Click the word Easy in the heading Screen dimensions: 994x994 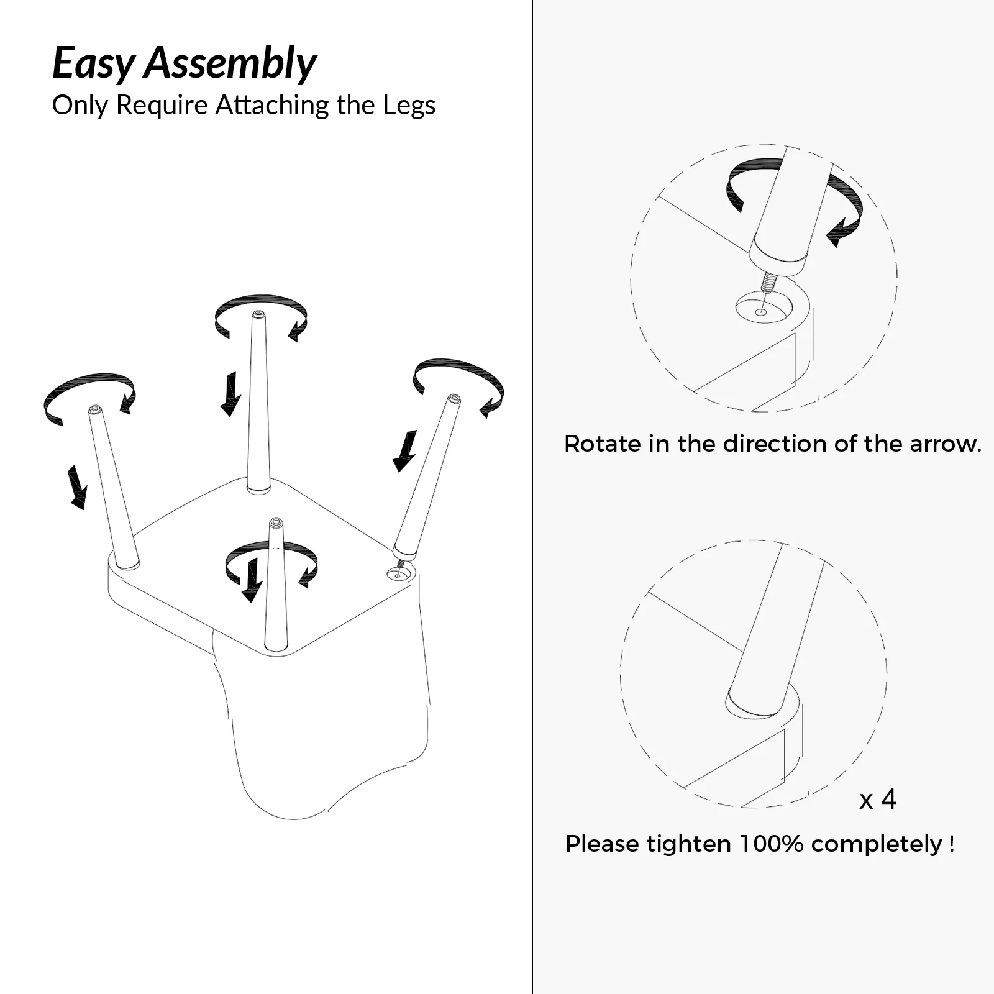coord(93,64)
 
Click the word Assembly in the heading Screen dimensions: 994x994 coord(230,64)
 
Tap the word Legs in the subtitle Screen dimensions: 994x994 coord(409,106)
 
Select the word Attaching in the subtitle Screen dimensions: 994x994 coord(273,106)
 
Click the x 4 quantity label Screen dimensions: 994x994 coord(878,800)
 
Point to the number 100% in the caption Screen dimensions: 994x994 coord(771,844)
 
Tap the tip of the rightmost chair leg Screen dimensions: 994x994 coord(455,398)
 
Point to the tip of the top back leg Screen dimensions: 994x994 coord(258,314)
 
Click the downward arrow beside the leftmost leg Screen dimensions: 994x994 coord(77,487)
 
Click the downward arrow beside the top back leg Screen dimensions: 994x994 coord(231,394)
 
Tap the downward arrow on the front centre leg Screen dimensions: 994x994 coord(252,580)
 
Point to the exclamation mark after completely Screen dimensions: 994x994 coord(952,844)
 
